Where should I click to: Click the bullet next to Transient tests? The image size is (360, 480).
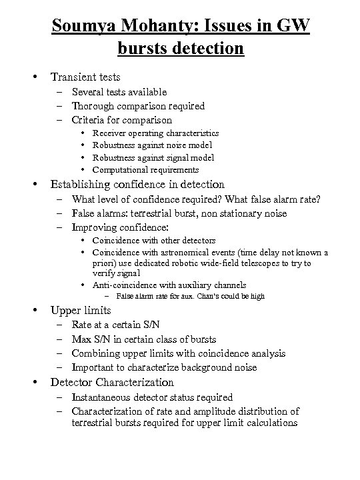pyautogui.click(x=35, y=77)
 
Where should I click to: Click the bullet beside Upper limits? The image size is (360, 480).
pyautogui.click(x=35, y=311)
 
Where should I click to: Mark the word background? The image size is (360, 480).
pyautogui.click(x=200, y=367)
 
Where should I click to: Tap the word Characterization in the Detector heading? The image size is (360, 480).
pyautogui.click(x=135, y=383)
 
